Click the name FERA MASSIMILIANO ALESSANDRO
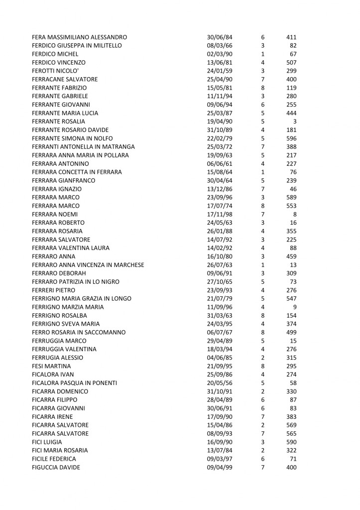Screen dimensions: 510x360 point(79,37)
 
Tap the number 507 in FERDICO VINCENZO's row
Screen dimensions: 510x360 point(291,63)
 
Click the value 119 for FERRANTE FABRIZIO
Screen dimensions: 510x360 point(291,88)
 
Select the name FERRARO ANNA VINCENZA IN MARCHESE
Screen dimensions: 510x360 point(88,265)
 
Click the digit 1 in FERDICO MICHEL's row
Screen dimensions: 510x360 point(262,54)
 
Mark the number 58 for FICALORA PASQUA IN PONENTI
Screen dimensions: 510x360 point(293,383)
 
